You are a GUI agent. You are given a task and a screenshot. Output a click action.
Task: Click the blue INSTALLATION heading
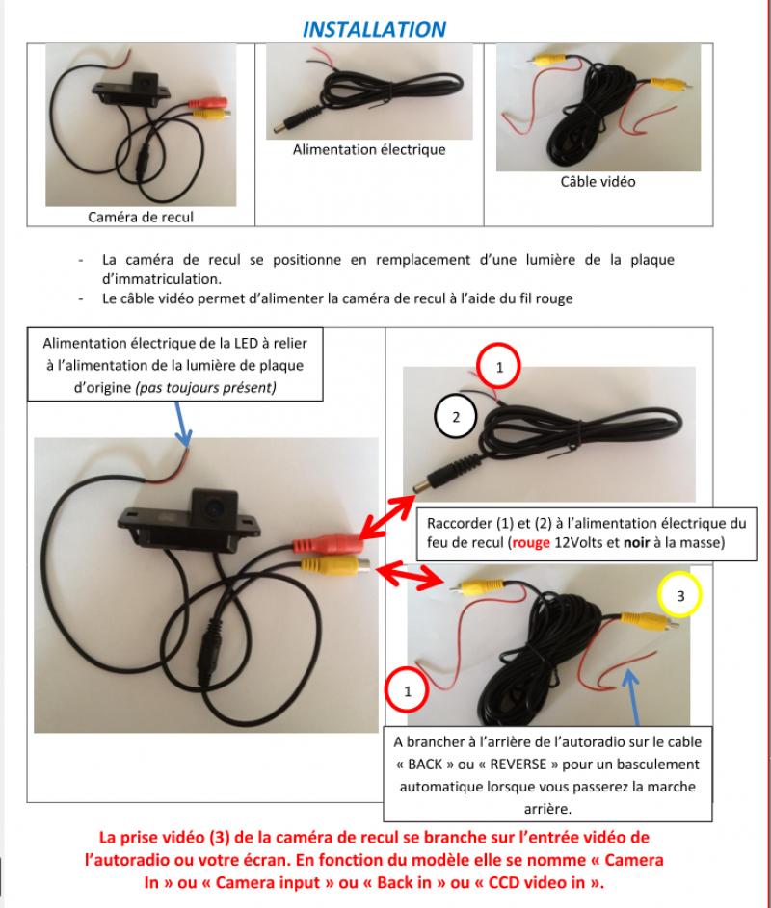tap(375, 29)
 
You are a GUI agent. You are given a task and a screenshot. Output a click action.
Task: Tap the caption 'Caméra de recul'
tap(141, 218)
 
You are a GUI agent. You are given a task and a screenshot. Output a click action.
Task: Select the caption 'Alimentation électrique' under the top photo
tap(369, 149)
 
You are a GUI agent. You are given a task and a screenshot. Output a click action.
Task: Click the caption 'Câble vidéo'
tap(598, 182)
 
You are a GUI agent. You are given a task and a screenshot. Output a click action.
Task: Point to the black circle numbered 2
tap(456, 417)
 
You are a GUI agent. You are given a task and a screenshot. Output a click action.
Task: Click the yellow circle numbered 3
tap(680, 595)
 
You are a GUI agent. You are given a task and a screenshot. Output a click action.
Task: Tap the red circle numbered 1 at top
tap(498, 367)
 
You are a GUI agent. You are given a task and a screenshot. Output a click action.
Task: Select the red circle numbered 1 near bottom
tap(408, 690)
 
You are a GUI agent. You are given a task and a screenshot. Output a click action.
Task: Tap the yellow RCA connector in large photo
tap(335, 565)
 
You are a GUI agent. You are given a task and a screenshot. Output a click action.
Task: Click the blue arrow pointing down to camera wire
tap(182, 424)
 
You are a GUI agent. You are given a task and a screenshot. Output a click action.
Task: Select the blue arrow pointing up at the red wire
tap(632, 696)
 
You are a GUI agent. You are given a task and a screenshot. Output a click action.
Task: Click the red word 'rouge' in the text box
tap(531, 543)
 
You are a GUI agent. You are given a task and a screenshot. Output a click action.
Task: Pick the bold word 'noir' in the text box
tap(636, 543)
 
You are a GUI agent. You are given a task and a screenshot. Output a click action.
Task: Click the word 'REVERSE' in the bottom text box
tap(518, 765)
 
